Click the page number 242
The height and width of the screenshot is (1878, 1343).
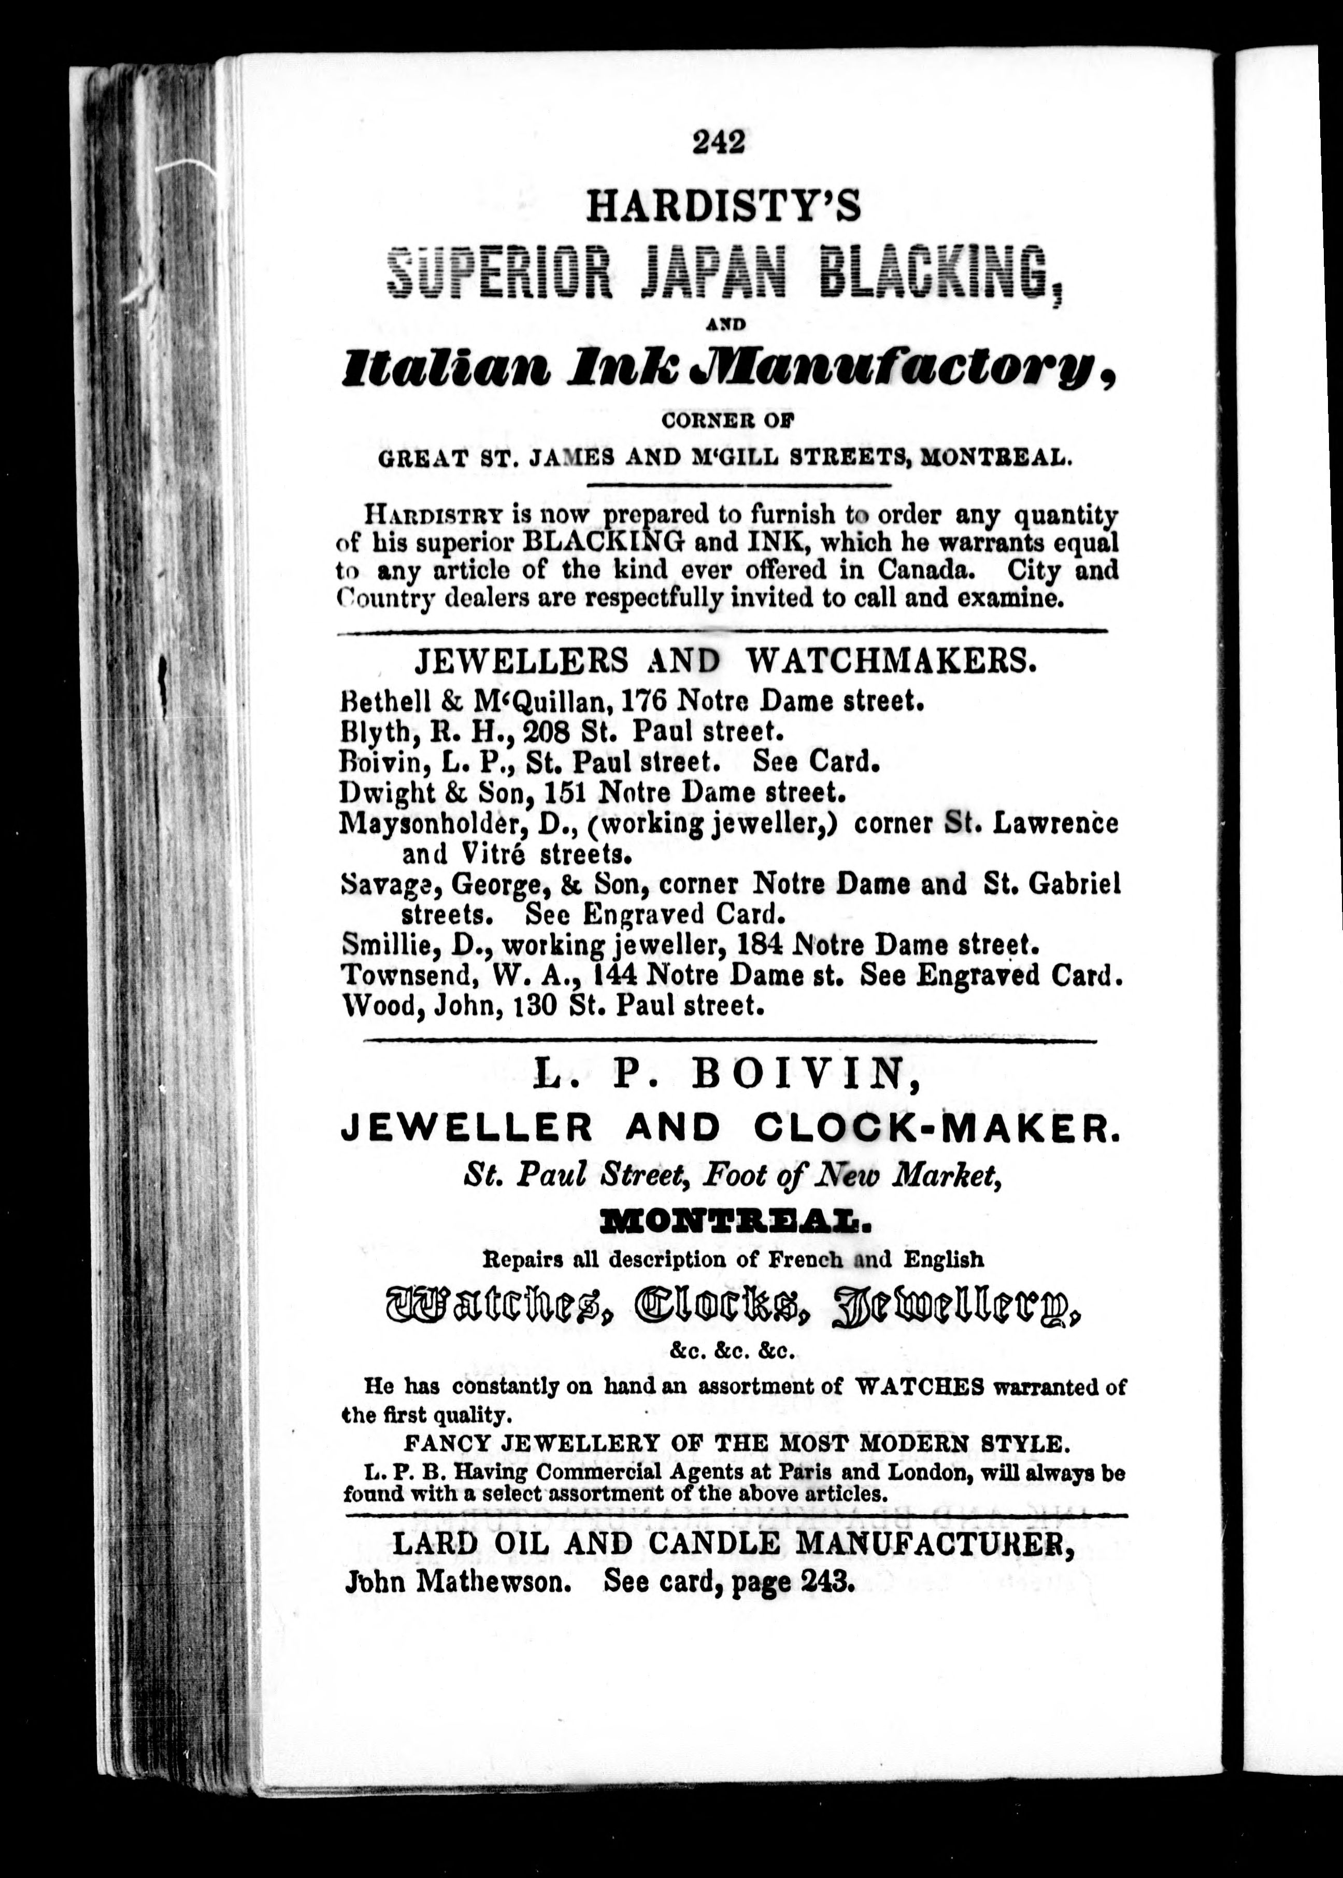720,141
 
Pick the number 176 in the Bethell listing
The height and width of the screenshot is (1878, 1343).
645,701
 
